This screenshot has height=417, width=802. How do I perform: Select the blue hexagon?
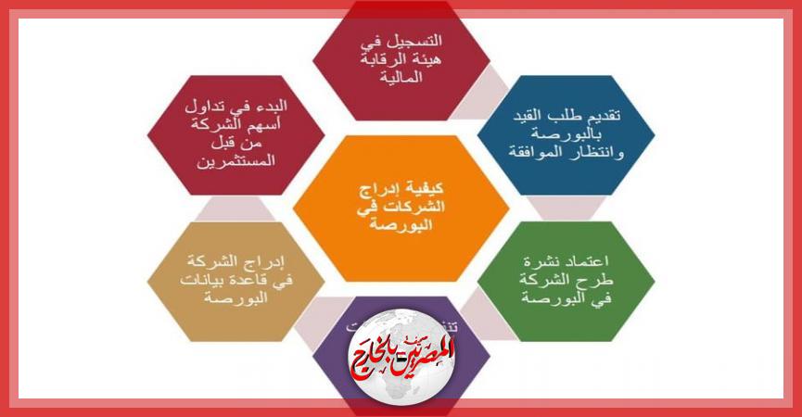coord(566,134)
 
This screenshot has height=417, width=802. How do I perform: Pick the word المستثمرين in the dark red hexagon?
coord(236,163)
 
